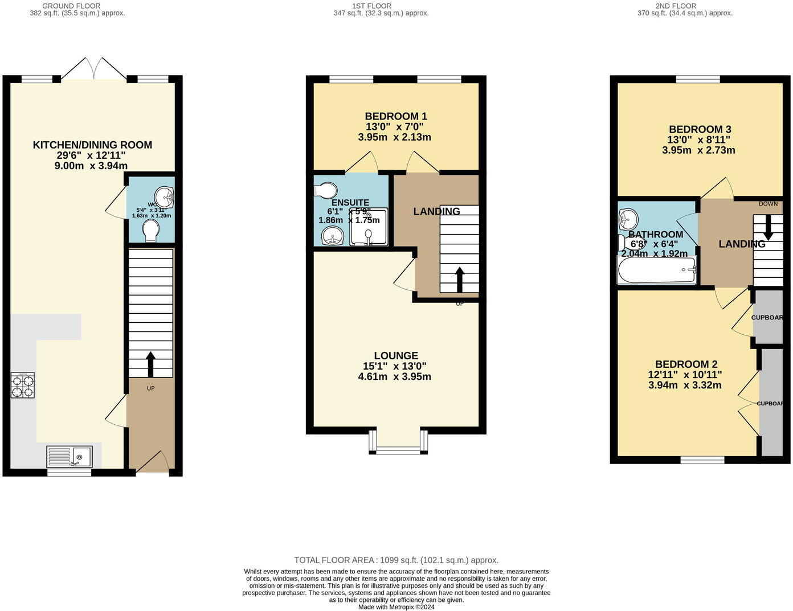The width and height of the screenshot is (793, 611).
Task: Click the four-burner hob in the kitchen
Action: coord(23,385)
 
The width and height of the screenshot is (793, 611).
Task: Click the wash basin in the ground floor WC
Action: coord(167,198)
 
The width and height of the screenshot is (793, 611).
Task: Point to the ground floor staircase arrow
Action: coord(151,364)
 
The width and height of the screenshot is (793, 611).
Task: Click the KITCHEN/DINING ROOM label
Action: coord(92,145)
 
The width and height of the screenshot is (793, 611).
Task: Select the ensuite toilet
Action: coord(327,189)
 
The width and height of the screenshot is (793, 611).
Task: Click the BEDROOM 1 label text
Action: coord(396,116)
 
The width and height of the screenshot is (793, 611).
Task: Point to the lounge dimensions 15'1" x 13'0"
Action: coord(395,366)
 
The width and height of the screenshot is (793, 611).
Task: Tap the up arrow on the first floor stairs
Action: coord(459,280)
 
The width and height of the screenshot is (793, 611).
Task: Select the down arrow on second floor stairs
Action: coord(768,227)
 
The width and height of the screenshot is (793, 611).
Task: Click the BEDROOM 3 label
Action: coord(700,129)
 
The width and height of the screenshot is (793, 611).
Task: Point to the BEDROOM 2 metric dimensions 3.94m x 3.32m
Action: coord(685,385)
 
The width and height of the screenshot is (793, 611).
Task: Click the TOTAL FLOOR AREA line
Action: coord(396,560)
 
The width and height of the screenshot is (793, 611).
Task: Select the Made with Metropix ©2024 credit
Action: coord(396,607)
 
